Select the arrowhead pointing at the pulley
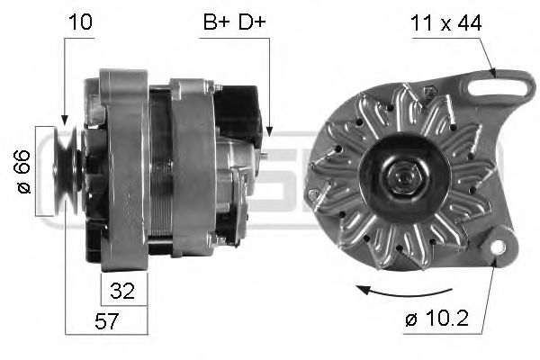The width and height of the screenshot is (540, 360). coord(63,119)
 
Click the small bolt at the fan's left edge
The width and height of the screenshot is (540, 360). coord(312,194)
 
